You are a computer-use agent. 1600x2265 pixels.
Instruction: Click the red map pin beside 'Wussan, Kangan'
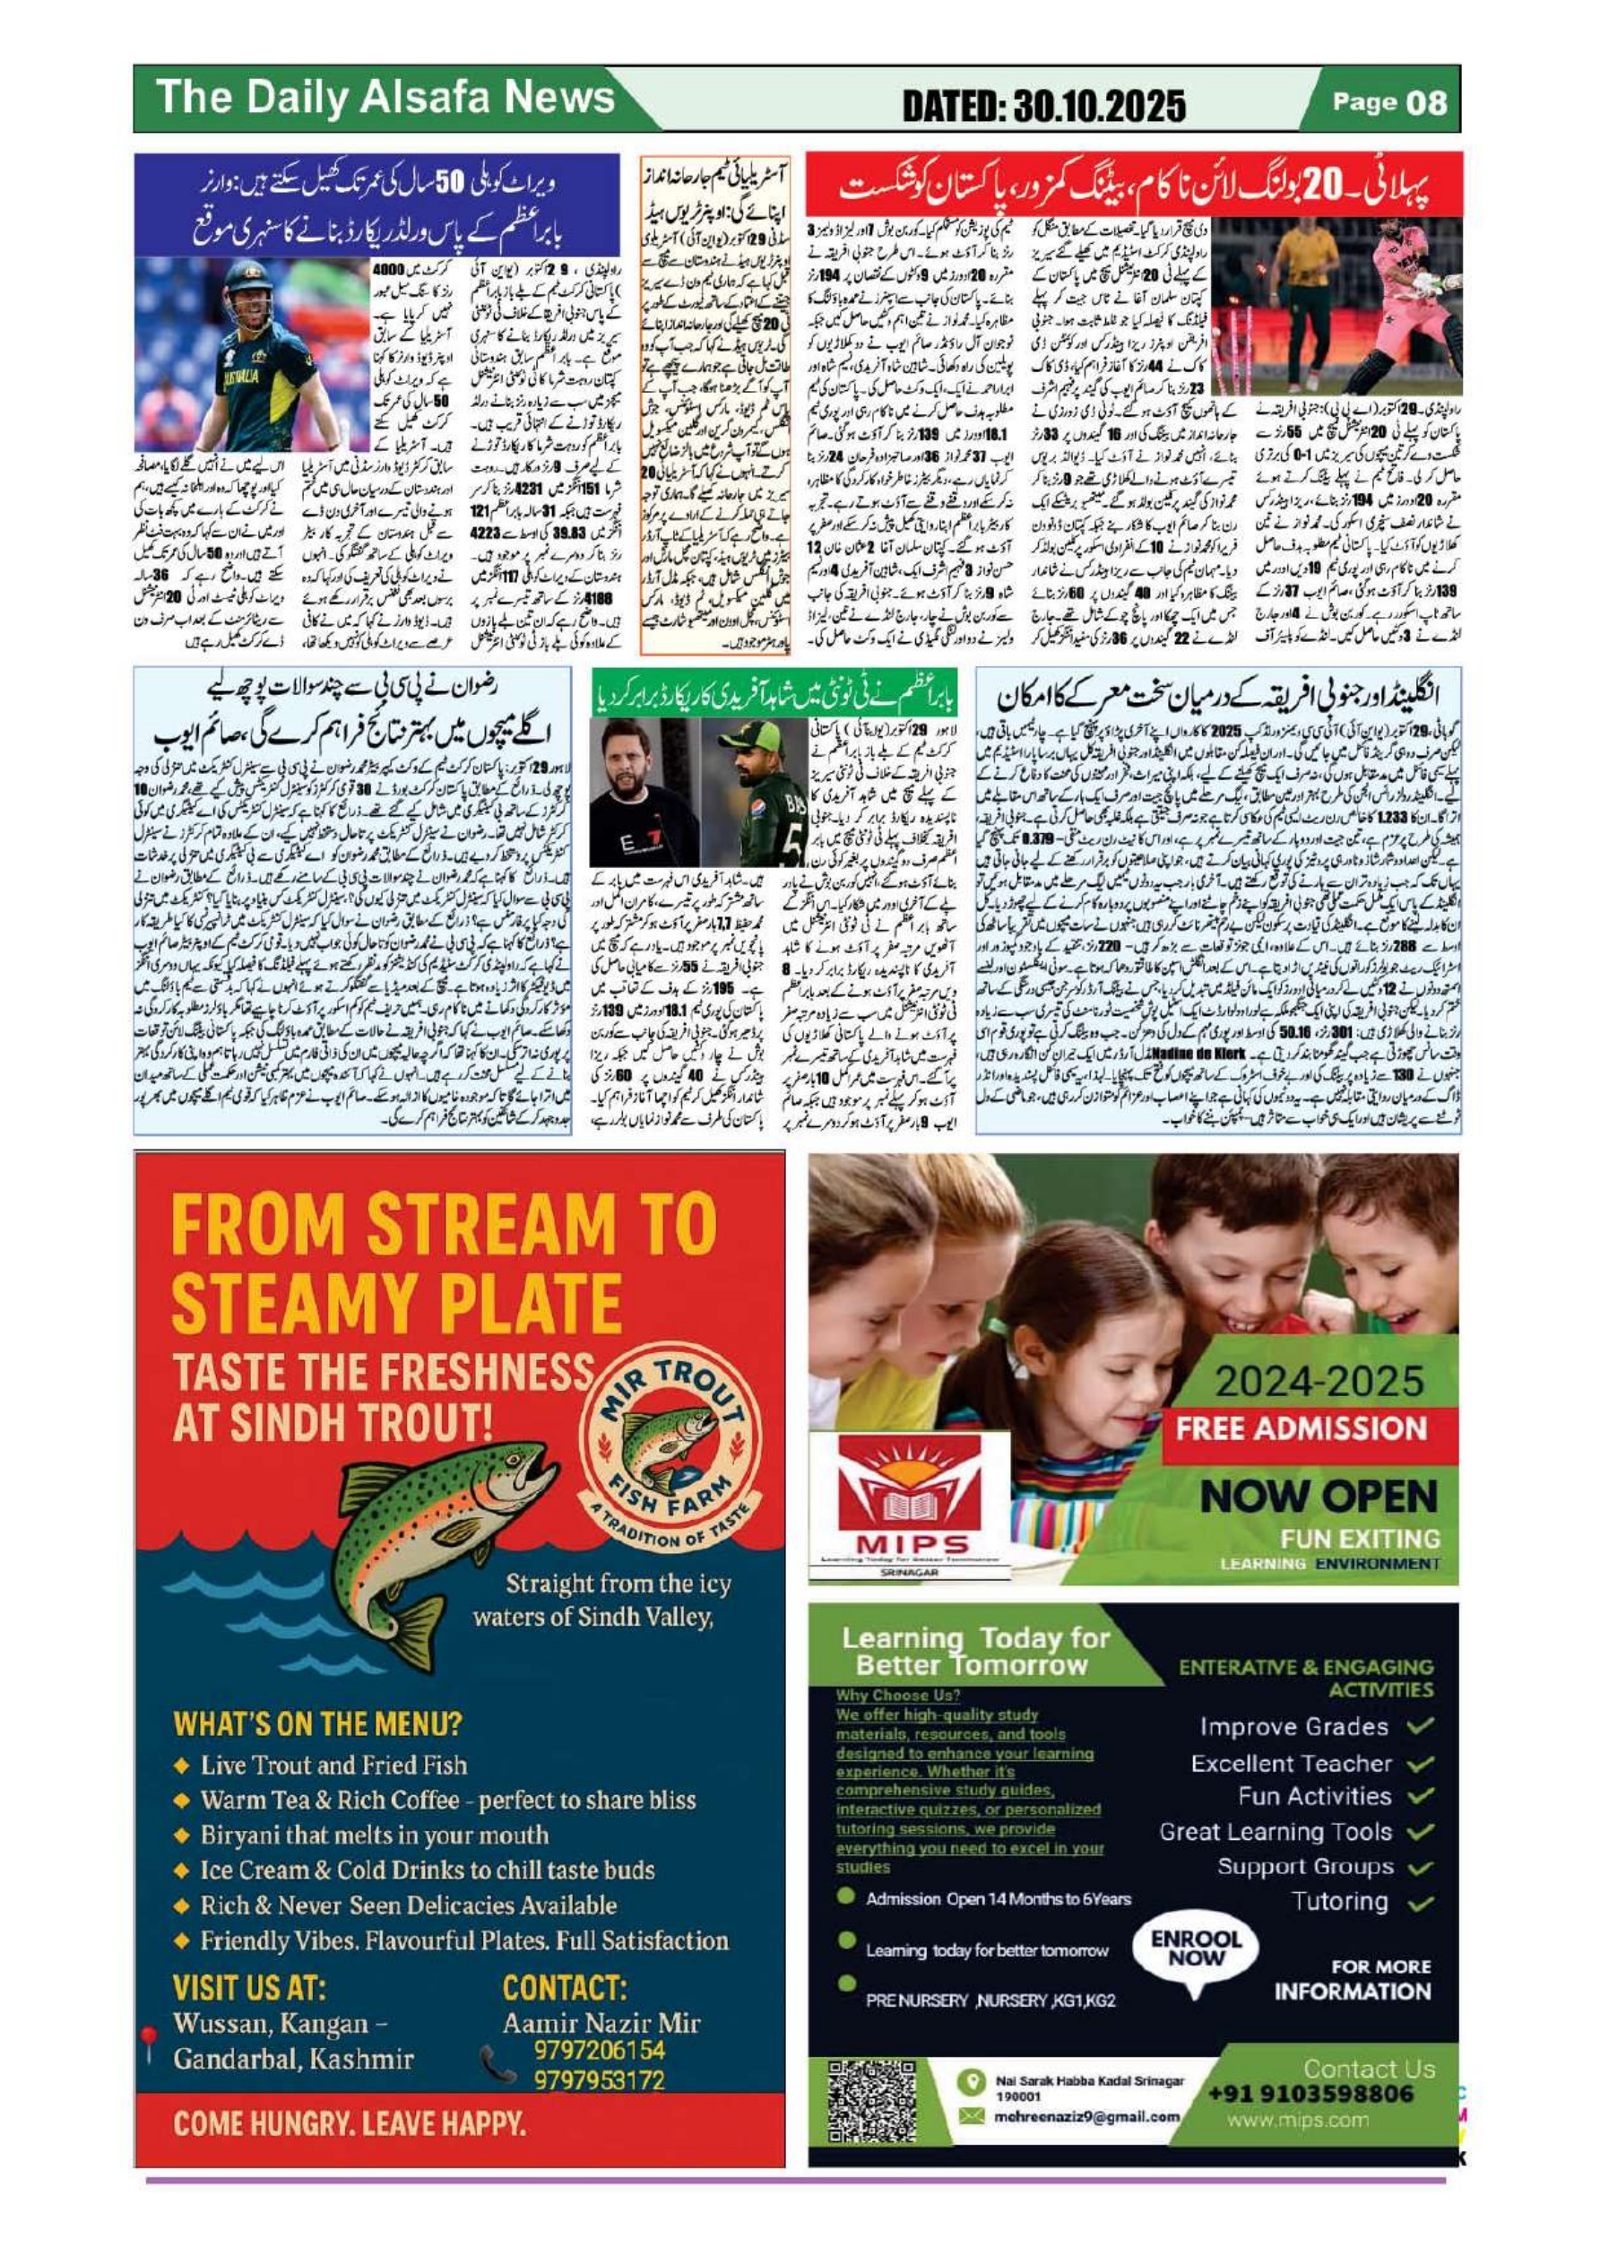(x=149, y=2044)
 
